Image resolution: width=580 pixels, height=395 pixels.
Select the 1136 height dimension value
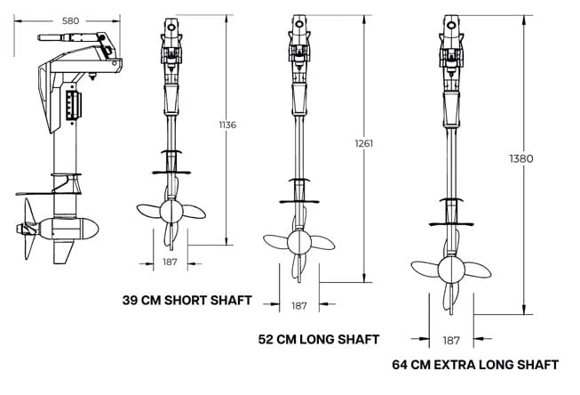[x=227, y=125]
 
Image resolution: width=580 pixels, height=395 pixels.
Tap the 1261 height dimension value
[x=364, y=142]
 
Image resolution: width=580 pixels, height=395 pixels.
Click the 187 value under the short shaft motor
[x=171, y=263]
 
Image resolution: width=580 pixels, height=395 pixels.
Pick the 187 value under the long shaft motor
[x=299, y=305]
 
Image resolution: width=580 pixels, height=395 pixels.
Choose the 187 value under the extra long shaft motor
[x=450, y=340]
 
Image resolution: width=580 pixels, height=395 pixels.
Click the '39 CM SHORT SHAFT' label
[x=187, y=300]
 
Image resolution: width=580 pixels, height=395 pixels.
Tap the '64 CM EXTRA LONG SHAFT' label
[x=475, y=365]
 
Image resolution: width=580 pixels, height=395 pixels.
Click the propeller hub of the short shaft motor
[x=171, y=212]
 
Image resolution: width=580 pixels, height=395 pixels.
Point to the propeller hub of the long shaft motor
[x=299, y=243]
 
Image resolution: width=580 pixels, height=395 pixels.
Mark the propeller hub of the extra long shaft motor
[x=450, y=268]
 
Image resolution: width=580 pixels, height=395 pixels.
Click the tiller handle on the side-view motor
[x=64, y=37]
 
